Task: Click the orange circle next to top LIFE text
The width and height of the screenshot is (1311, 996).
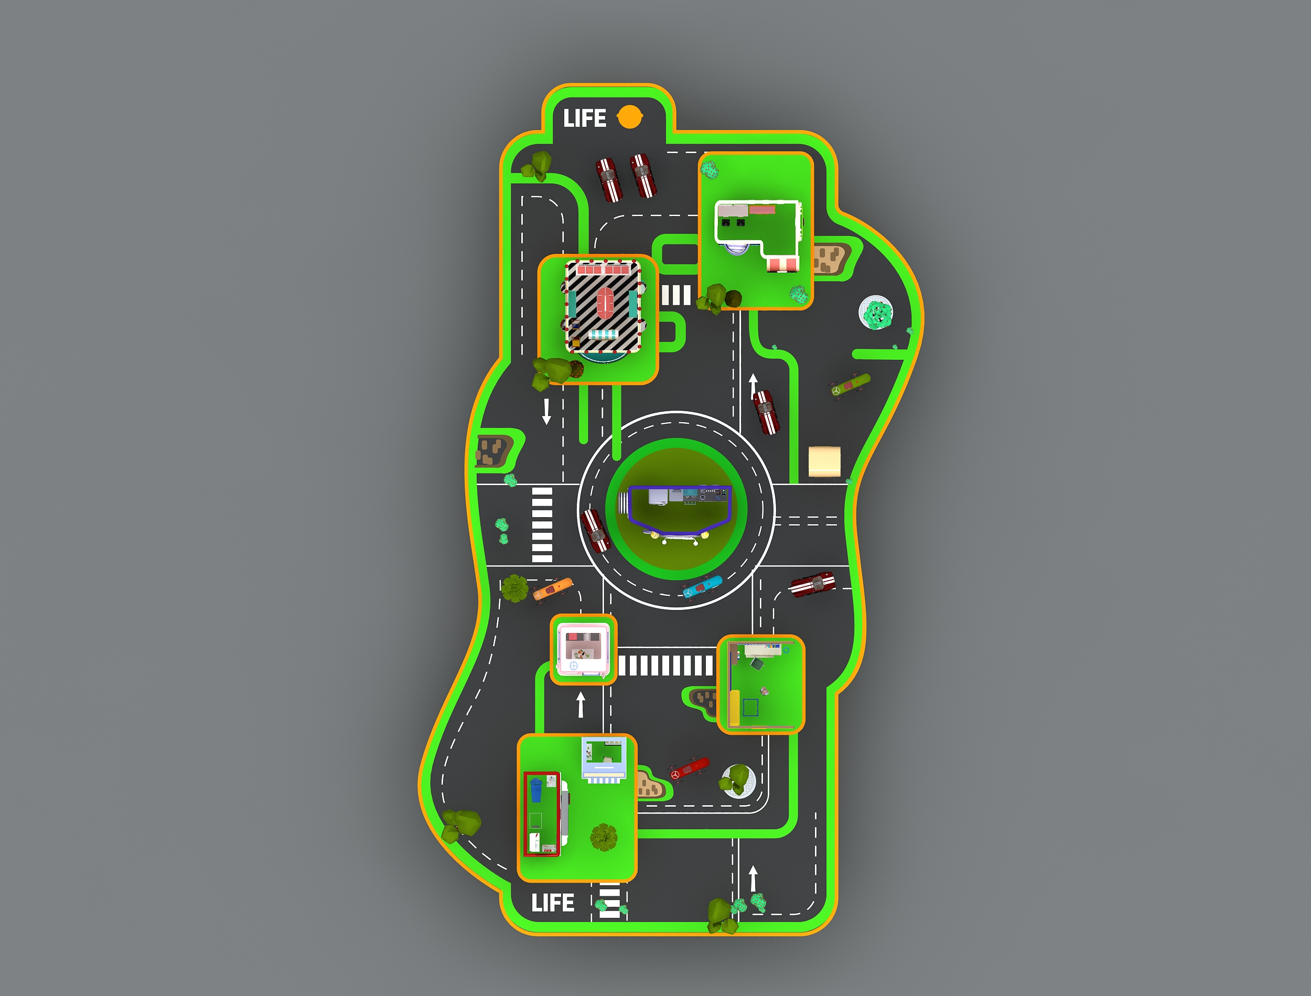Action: pos(629,117)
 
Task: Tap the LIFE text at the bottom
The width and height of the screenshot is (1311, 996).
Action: pos(552,903)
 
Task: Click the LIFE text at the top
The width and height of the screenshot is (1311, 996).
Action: pos(584,119)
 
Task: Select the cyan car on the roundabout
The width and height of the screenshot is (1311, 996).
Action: pos(702,586)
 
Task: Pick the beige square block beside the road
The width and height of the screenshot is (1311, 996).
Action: pos(824,461)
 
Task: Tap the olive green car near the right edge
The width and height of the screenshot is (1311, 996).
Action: pos(850,385)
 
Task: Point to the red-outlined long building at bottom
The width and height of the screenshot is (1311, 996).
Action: pos(542,814)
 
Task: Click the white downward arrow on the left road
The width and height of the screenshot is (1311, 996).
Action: pos(546,411)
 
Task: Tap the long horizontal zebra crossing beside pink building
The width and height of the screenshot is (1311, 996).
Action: pos(665,665)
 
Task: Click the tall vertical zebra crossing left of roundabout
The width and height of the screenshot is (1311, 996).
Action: pos(542,524)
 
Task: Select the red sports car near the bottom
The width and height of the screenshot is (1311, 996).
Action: pos(689,768)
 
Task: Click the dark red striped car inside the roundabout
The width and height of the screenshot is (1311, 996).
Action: pos(596,530)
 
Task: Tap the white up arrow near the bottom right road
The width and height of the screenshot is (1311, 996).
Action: pos(753,878)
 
